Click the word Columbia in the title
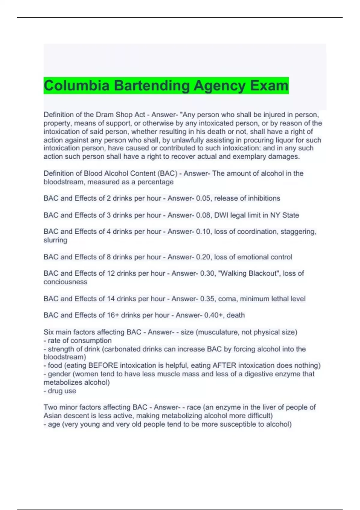point(76,85)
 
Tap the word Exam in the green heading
point(269,85)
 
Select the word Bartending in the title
point(152,85)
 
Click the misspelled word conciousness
point(65,282)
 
